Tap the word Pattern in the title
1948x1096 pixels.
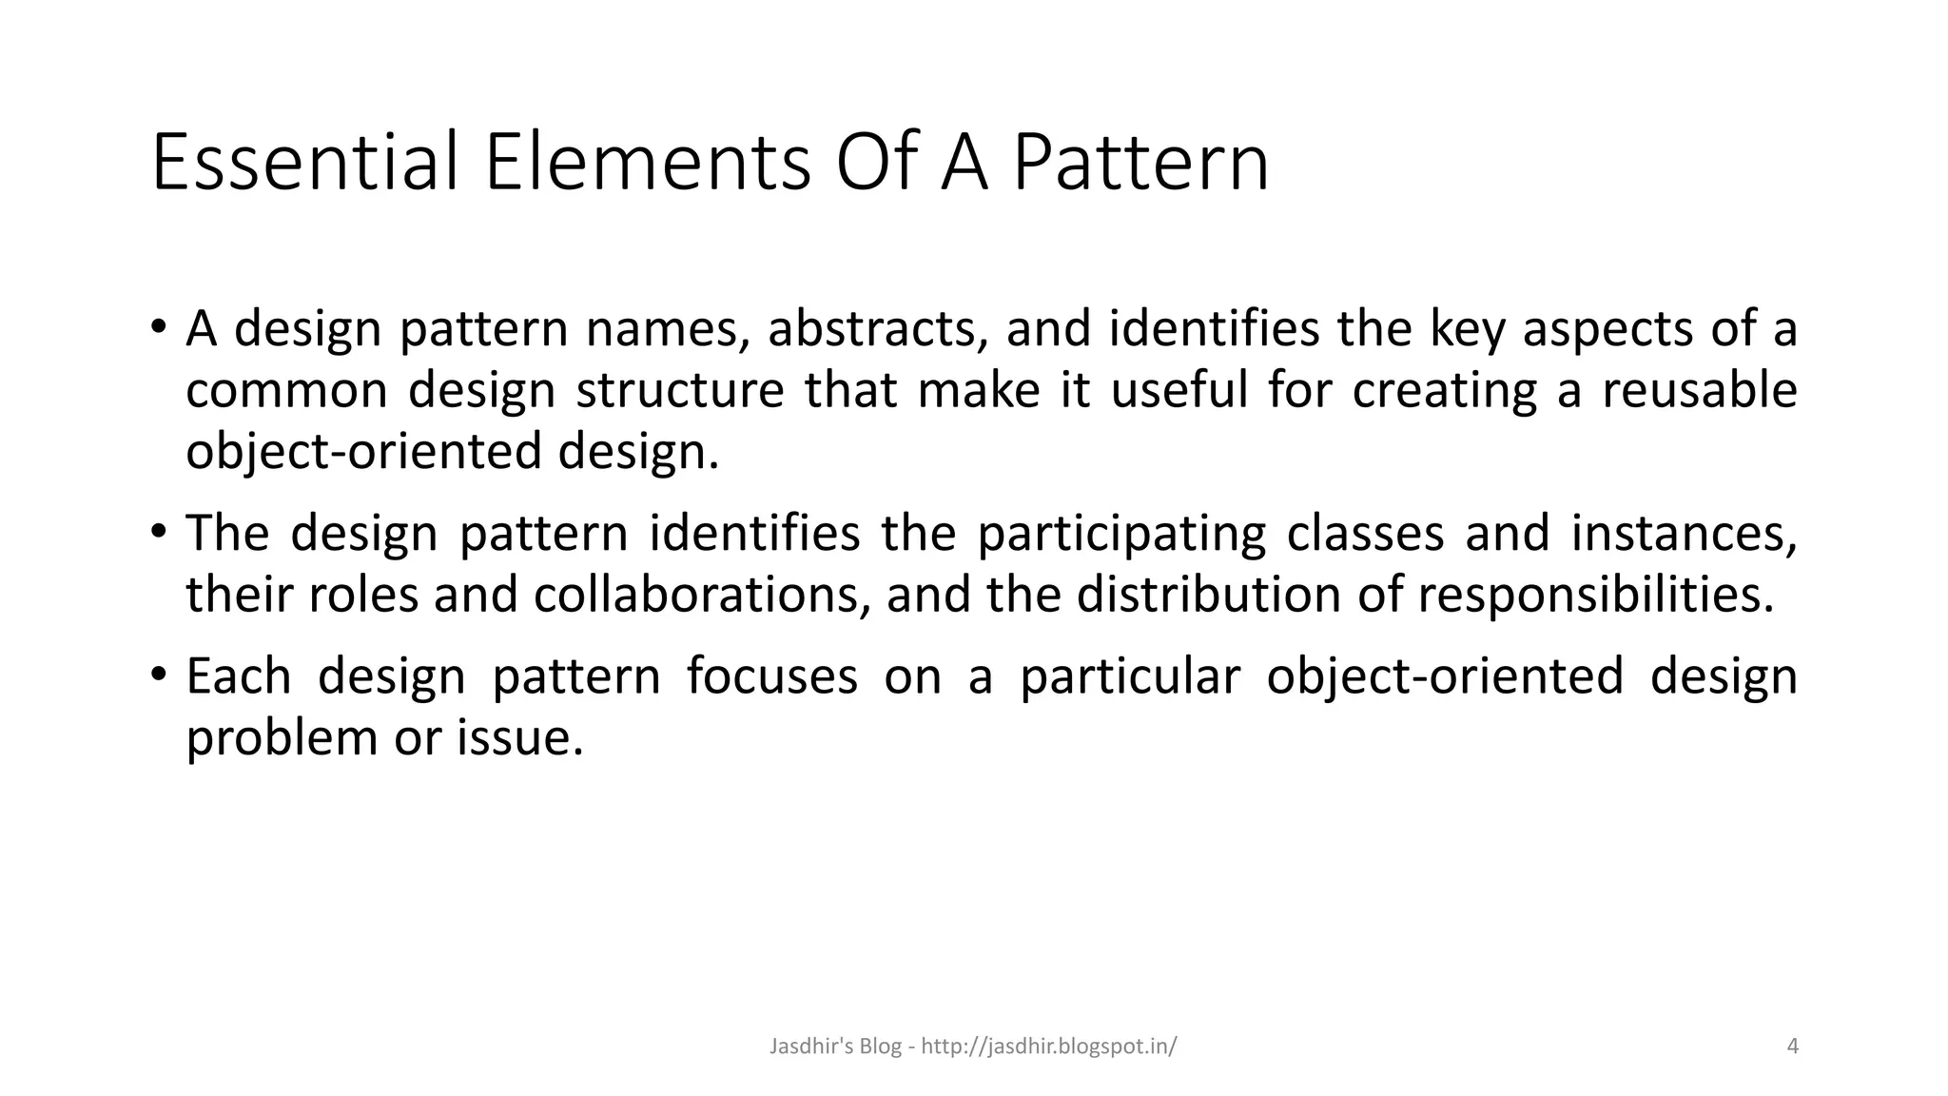point(1140,163)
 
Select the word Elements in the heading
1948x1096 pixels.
point(648,163)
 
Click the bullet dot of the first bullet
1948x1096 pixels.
point(158,326)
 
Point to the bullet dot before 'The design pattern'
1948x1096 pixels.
point(158,531)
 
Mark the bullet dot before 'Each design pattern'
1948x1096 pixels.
point(158,675)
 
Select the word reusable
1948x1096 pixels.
point(1700,390)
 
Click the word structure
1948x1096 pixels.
point(680,390)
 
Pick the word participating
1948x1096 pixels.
point(1121,535)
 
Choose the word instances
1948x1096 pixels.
point(1683,535)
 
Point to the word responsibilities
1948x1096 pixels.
point(1595,596)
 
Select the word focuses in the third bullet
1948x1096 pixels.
point(771,677)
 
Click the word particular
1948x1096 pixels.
point(1130,677)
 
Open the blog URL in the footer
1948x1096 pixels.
point(1049,1047)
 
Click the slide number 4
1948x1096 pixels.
point(1793,1047)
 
